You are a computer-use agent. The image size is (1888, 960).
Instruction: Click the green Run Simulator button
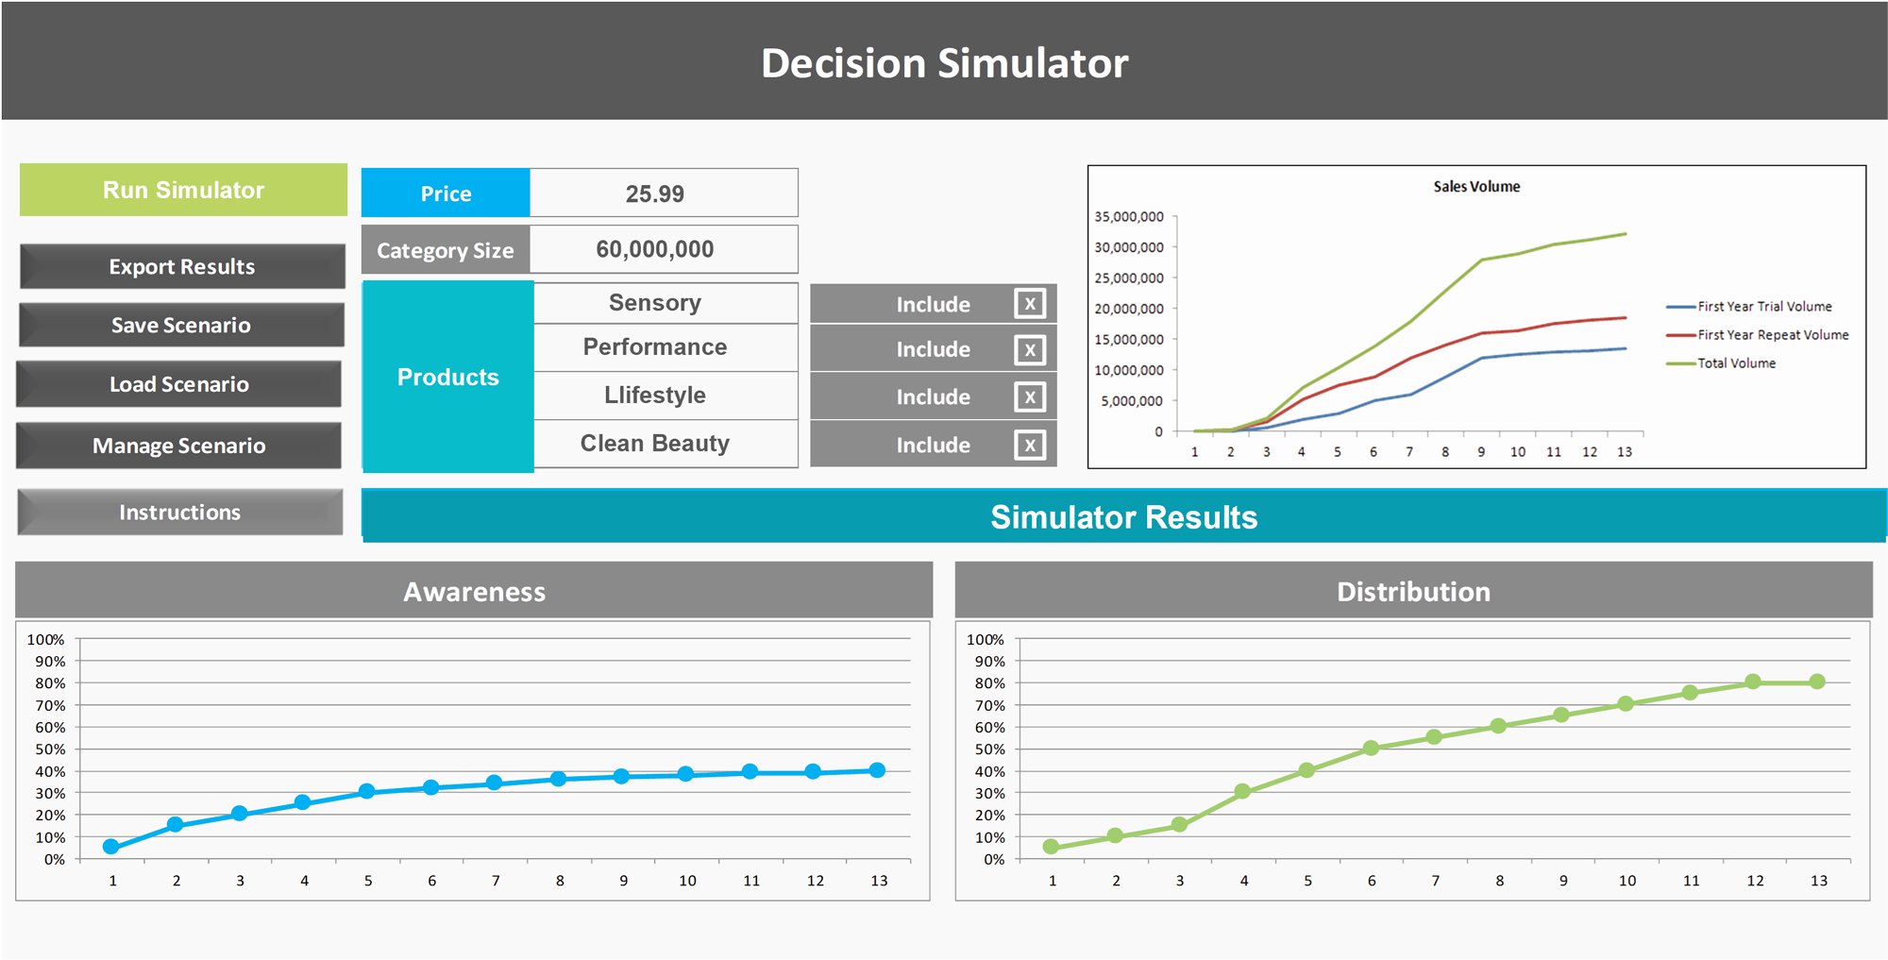[x=183, y=190]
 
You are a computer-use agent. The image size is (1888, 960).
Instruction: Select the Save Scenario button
[x=181, y=325]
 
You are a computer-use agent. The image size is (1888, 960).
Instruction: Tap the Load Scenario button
[x=179, y=384]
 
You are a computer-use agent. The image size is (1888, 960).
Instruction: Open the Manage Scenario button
[x=179, y=446]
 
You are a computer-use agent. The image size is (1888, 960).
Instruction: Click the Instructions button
[x=179, y=512]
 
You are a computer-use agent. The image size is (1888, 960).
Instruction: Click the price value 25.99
[x=654, y=194]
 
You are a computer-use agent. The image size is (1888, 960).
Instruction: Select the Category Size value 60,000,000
[x=654, y=249]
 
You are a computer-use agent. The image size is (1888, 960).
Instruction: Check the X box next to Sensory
[x=1030, y=304]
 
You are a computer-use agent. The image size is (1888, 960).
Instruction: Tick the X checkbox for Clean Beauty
[x=1030, y=445]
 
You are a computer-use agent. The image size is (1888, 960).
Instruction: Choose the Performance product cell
[x=654, y=347]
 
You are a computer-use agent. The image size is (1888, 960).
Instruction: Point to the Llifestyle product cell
[x=654, y=396]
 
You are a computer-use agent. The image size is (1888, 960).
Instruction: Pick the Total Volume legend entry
[x=1735, y=363]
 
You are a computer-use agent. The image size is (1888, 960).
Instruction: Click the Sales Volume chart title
[x=1476, y=187]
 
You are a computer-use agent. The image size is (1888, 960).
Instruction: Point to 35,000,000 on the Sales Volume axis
[x=1129, y=217]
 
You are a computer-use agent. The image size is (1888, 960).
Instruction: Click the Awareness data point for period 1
[x=111, y=847]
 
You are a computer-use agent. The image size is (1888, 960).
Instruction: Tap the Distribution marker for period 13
[x=1817, y=682]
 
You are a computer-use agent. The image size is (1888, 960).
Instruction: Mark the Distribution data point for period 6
[x=1371, y=748]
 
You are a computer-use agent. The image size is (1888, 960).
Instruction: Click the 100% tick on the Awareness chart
[x=46, y=640]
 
